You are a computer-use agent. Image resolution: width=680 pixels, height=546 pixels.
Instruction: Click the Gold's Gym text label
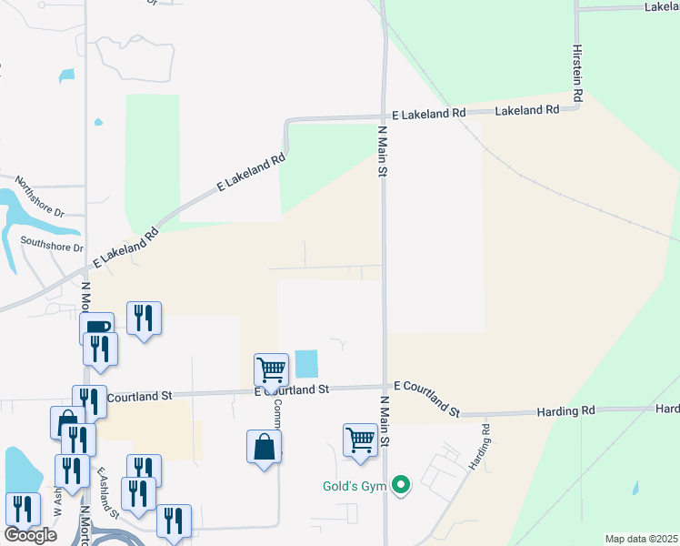355,486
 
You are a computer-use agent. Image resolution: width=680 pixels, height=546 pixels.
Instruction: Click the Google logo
31,534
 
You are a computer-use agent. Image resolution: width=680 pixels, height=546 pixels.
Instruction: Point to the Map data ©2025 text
641,539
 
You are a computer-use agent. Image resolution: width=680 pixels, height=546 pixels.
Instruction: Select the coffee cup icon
97,328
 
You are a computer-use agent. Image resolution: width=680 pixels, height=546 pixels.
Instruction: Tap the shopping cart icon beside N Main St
360,439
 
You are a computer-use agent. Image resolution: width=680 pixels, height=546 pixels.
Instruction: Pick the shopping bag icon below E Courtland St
264,447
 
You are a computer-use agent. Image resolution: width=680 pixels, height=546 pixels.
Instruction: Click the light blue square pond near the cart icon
307,365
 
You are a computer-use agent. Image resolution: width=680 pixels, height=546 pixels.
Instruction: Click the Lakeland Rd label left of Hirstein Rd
526,110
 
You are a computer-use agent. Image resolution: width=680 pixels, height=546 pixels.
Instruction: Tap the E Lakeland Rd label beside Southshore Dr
125,246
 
